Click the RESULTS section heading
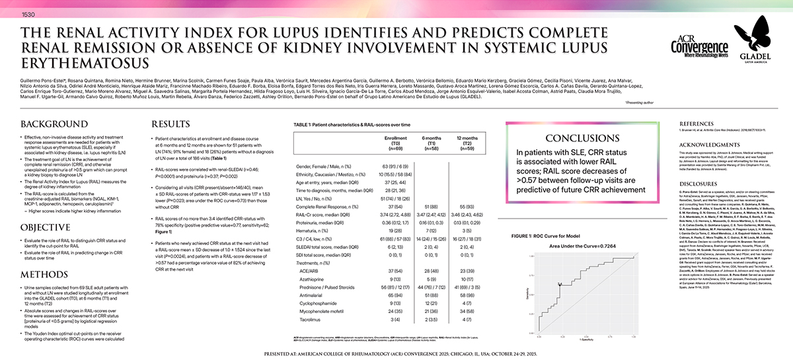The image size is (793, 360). [171, 124]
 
